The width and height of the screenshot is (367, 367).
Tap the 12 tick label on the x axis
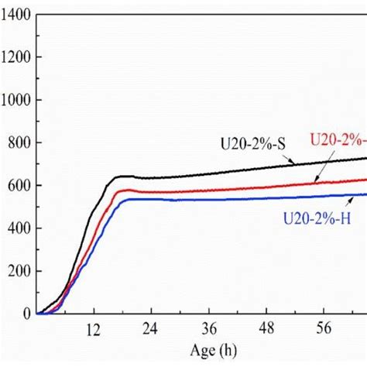(94, 328)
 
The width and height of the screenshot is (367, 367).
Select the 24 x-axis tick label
(151, 328)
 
